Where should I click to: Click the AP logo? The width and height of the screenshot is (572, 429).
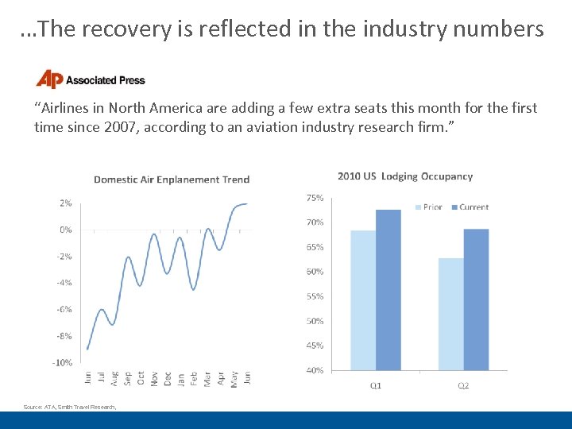coord(48,79)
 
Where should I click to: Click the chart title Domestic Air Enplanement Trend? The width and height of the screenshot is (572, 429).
coord(172,180)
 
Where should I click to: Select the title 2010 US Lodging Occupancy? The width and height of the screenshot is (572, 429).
coord(404,176)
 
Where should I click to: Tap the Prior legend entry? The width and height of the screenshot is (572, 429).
coord(428,207)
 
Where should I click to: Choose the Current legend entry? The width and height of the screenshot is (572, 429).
coord(470,207)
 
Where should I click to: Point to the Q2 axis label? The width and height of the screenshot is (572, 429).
coord(463,386)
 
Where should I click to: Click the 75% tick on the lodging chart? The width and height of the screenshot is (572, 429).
coord(315,197)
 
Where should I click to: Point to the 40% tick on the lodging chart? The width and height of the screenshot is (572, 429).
coord(315,370)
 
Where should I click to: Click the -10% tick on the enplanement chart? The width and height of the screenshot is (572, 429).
coord(64,362)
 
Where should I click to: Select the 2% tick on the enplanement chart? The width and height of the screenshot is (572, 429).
coord(65,203)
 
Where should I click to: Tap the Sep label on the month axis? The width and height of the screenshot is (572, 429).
coord(128,378)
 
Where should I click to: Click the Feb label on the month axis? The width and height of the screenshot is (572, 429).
coord(195,378)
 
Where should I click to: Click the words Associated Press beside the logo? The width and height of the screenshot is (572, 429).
coord(105,80)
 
